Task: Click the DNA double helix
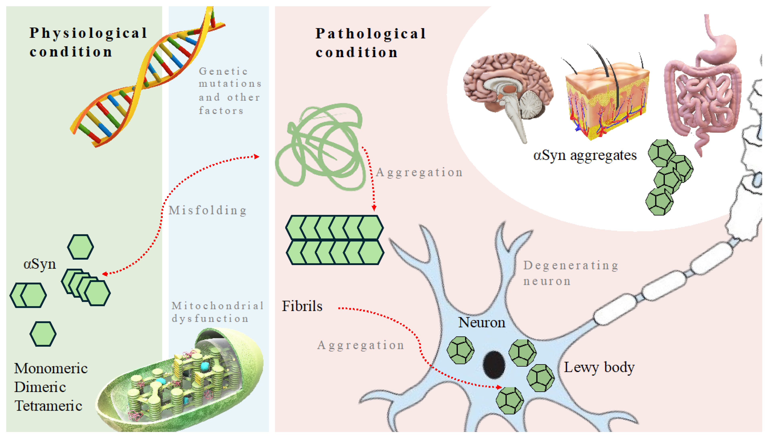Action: (144, 78)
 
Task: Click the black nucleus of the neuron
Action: (493, 365)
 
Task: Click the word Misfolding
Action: (207, 210)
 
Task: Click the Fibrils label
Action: (302, 306)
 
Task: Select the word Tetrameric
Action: (48, 406)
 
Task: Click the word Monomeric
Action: (50, 368)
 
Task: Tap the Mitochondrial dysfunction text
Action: (217, 312)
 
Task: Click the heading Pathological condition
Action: (370, 43)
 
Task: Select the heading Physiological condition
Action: (88, 42)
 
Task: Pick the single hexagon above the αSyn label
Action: (80, 247)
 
